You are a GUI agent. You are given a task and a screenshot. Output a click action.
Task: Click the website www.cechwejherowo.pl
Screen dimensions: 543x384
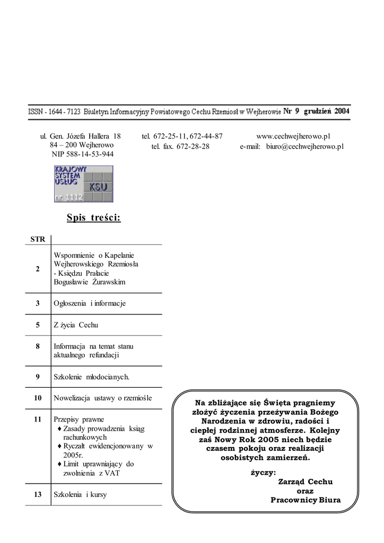[293, 136]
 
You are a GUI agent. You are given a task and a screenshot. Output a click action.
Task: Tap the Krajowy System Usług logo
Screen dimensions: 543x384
[83, 183]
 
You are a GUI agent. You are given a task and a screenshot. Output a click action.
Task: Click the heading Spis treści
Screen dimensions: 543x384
[94, 217]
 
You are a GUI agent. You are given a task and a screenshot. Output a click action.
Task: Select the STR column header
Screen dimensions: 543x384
[38, 239]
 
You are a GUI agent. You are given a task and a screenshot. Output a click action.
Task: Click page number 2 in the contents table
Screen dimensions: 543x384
[38, 269]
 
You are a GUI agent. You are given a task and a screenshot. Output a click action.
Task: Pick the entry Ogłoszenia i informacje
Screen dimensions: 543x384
[90, 303]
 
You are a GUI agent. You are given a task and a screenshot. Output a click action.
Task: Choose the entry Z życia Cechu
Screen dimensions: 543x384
[76, 325]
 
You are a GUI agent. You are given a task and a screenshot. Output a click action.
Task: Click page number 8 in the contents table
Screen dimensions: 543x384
[38, 346]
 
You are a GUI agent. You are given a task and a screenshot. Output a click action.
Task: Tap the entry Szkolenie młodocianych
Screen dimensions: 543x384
[92, 377]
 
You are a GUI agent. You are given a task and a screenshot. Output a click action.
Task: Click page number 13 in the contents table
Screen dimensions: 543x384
[38, 494]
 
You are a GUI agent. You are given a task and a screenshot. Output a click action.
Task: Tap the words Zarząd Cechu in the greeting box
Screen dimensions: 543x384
[305, 481]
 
